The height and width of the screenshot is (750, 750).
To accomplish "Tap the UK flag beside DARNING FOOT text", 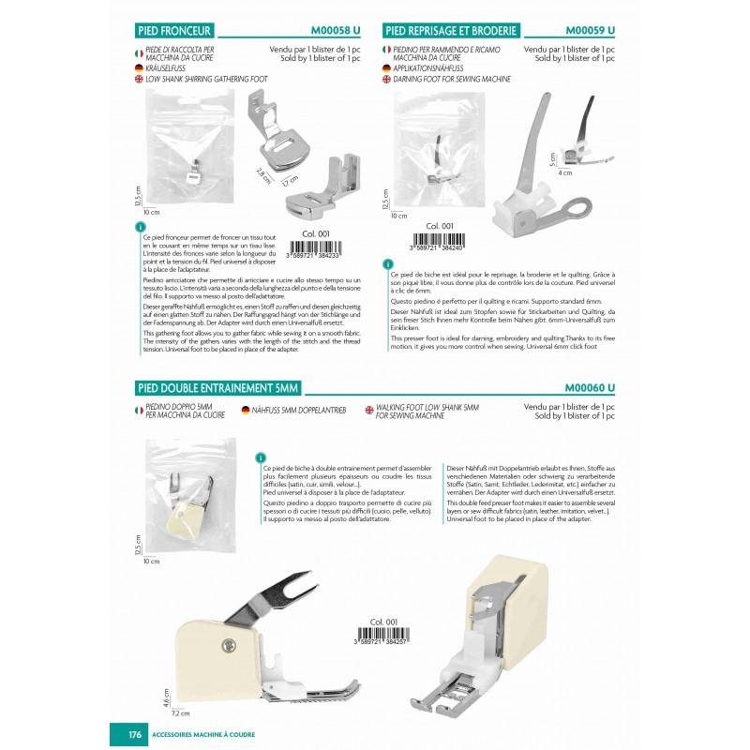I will (387, 80).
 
